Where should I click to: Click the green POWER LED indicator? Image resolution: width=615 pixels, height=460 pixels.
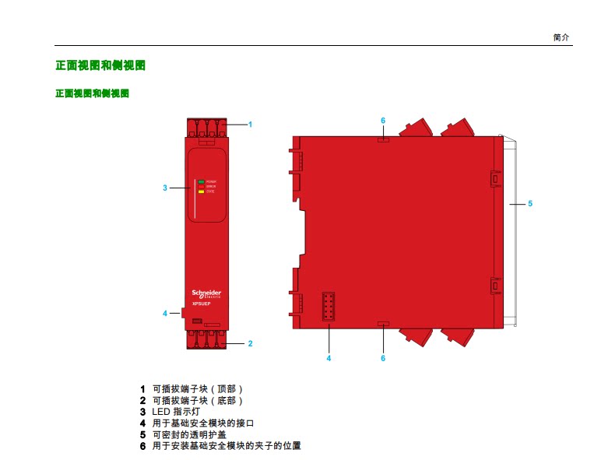(201, 181)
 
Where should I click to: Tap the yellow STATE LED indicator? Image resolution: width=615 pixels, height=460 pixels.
(201, 191)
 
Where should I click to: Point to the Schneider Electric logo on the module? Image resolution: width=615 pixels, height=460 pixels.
(206, 293)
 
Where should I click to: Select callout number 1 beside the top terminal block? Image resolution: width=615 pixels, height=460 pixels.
(250, 124)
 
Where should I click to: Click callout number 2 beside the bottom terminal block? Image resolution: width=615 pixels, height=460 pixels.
(250, 342)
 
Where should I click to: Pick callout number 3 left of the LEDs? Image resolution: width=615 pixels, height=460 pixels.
(165, 188)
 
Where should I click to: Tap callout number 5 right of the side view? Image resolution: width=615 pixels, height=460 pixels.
(529, 203)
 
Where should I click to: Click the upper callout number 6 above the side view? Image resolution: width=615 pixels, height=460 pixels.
(383, 121)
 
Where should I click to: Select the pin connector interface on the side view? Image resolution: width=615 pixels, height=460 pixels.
(329, 306)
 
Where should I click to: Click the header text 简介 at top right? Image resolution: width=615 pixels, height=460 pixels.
(561, 37)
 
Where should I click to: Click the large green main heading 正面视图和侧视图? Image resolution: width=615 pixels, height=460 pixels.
(100, 65)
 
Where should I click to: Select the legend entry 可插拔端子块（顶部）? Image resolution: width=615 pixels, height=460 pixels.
(198, 388)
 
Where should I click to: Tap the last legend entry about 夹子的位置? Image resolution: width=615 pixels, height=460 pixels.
(227, 446)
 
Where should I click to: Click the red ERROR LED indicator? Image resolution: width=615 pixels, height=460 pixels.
(201, 186)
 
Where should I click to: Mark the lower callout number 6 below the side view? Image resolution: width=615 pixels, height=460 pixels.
(383, 358)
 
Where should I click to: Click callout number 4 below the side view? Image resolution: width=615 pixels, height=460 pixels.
(329, 358)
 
